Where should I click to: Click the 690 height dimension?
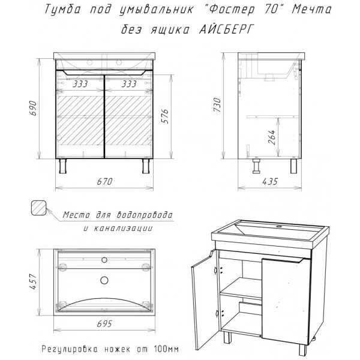pos(33,108)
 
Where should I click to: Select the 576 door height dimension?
pos(165,116)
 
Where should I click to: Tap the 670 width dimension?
pos(104,182)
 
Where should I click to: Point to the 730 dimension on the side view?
pos(217,104)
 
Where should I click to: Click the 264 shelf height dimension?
pos(272,137)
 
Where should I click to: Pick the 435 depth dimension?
pos(270,182)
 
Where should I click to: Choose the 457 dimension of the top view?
pos(34,281)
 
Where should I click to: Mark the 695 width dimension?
pos(104,324)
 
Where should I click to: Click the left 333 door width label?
pos(80,84)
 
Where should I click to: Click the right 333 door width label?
pos(129,84)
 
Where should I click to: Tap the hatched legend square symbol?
pos(38,208)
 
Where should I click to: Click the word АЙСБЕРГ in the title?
pos(226,29)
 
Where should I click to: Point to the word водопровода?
pos(145,215)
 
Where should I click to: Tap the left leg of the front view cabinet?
pos(62,166)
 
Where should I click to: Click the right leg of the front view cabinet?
pos(146,166)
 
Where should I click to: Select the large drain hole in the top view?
pos(104,280)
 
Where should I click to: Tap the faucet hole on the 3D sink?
pos(279,227)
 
